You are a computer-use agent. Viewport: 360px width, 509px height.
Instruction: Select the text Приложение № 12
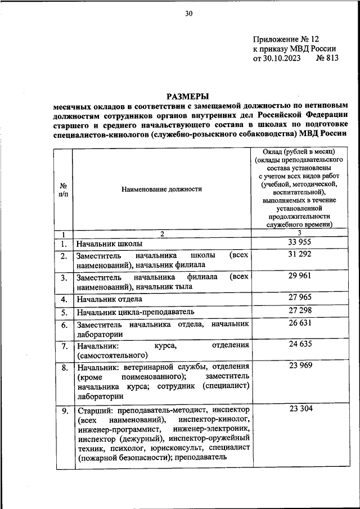286,39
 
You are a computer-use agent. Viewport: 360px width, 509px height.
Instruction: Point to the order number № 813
328,58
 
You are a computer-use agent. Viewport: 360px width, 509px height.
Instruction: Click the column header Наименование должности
161,189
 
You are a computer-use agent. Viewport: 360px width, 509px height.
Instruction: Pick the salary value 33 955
300,242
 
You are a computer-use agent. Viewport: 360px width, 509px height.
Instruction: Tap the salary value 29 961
300,277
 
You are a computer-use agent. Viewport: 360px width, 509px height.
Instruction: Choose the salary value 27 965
300,298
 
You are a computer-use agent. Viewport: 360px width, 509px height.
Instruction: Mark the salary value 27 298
300,311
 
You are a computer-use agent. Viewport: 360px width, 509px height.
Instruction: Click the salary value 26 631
300,325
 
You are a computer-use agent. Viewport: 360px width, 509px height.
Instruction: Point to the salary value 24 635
300,345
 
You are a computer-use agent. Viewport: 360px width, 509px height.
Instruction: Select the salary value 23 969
300,367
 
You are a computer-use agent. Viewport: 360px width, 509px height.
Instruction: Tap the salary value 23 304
300,409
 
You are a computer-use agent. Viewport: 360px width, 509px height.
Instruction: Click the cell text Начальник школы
110,244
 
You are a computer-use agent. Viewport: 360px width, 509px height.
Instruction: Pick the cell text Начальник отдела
110,299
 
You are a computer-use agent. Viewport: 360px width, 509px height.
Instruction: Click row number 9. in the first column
64,411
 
